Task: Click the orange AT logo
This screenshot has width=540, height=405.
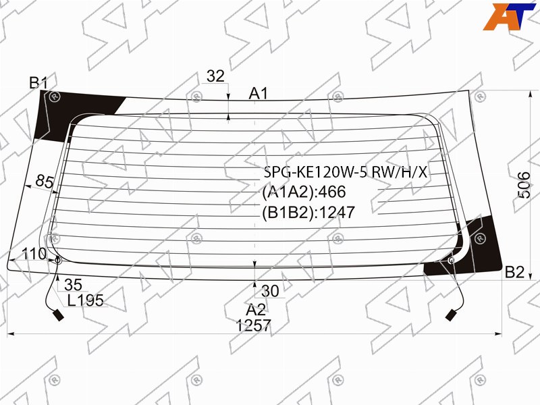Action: (509, 16)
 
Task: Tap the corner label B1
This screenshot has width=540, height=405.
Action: (38, 83)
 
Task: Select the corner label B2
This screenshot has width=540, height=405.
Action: (514, 272)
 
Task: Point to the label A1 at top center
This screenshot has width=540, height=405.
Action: (259, 93)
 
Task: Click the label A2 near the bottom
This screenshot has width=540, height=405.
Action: (256, 310)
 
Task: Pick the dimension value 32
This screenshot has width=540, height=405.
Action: (215, 76)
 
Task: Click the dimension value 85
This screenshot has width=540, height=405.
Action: (45, 182)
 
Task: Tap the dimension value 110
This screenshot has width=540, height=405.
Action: (34, 254)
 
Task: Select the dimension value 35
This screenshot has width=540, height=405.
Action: (73, 285)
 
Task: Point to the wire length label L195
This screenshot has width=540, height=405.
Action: (86, 300)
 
